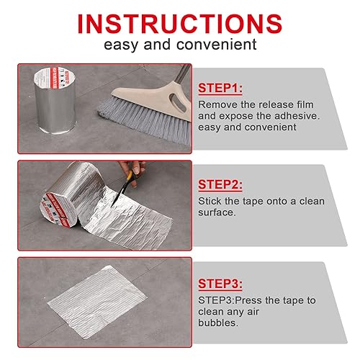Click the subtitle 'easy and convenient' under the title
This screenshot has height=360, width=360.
pos(179,45)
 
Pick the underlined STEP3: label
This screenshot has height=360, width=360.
pos(220,284)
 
